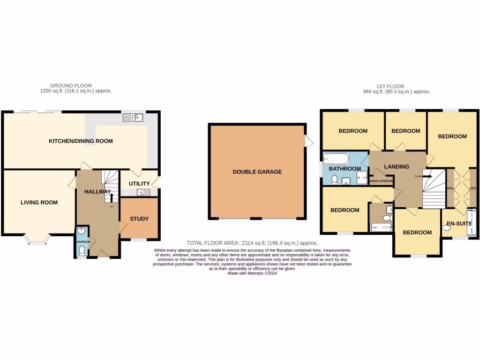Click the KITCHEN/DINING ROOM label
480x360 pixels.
click(81, 141)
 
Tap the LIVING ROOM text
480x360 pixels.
click(39, 202)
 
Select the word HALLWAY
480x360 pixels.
click(97, 191)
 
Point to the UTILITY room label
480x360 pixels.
click(139, 184)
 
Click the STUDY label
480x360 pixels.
click(139, 218)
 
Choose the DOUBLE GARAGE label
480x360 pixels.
click(257, 172)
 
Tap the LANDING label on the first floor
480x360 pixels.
click(397, 166)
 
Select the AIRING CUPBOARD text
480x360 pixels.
click(382, 180)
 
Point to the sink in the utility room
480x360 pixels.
click(143, 192)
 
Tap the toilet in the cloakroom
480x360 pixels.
click(82, 251)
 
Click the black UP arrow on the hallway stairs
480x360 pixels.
click(111, 197)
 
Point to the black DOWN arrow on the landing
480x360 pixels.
click(426, 177)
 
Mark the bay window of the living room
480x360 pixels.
click(38, 239)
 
